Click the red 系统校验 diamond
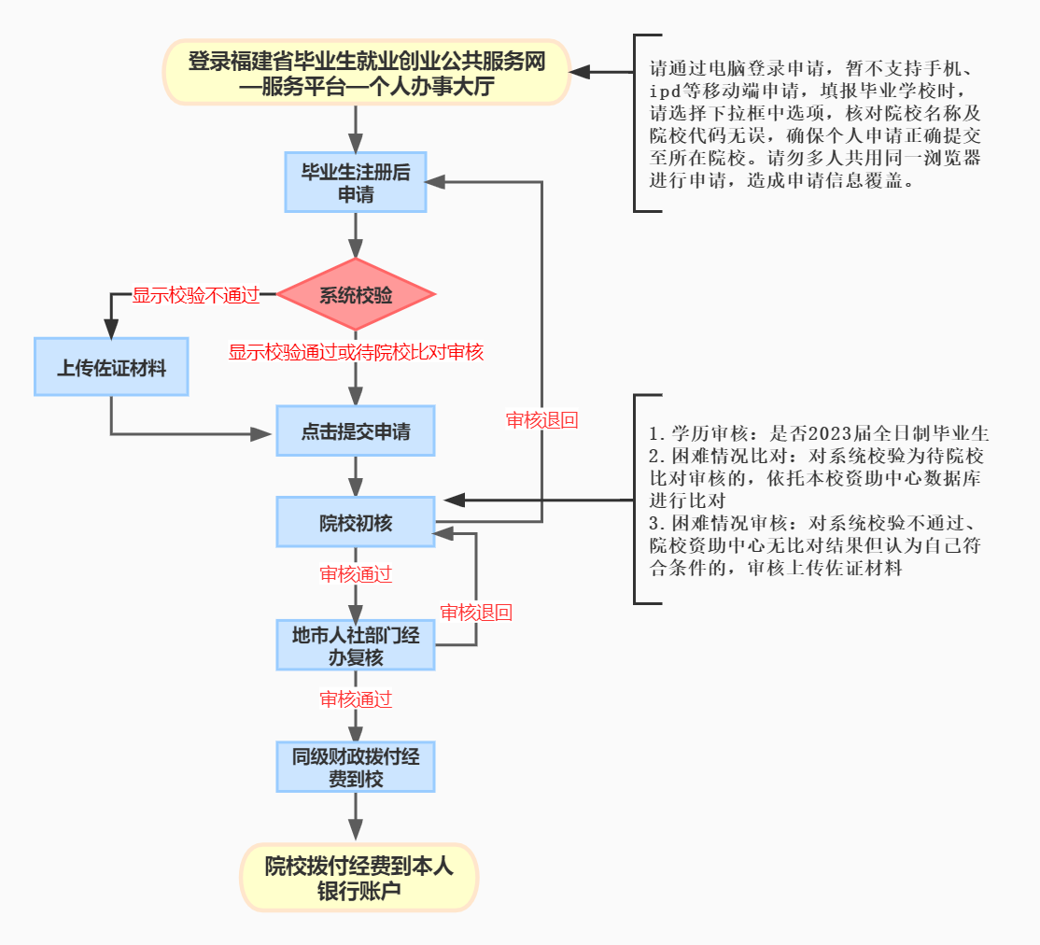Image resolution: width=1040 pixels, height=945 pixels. (356, 295)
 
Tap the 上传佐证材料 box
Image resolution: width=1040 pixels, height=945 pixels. (111, 368)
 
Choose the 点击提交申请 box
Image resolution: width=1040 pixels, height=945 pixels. (356, 432)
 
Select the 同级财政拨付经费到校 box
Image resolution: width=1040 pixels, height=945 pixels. (356, 768)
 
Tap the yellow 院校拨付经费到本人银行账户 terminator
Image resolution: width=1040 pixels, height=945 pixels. (359, 878)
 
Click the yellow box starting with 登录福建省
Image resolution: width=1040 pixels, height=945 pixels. (367, 74)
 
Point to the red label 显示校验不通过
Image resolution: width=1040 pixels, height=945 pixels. (195, 295)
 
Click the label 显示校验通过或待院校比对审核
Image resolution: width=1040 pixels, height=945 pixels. (356, 352)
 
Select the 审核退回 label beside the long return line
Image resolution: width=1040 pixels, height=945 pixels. (541, 420)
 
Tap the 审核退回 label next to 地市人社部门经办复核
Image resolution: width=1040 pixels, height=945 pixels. (476, 613)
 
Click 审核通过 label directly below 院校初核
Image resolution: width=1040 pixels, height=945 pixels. (356, 574)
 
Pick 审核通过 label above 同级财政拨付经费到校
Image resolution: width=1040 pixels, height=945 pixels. (356, 698)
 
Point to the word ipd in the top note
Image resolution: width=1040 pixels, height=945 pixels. (666, 91)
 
